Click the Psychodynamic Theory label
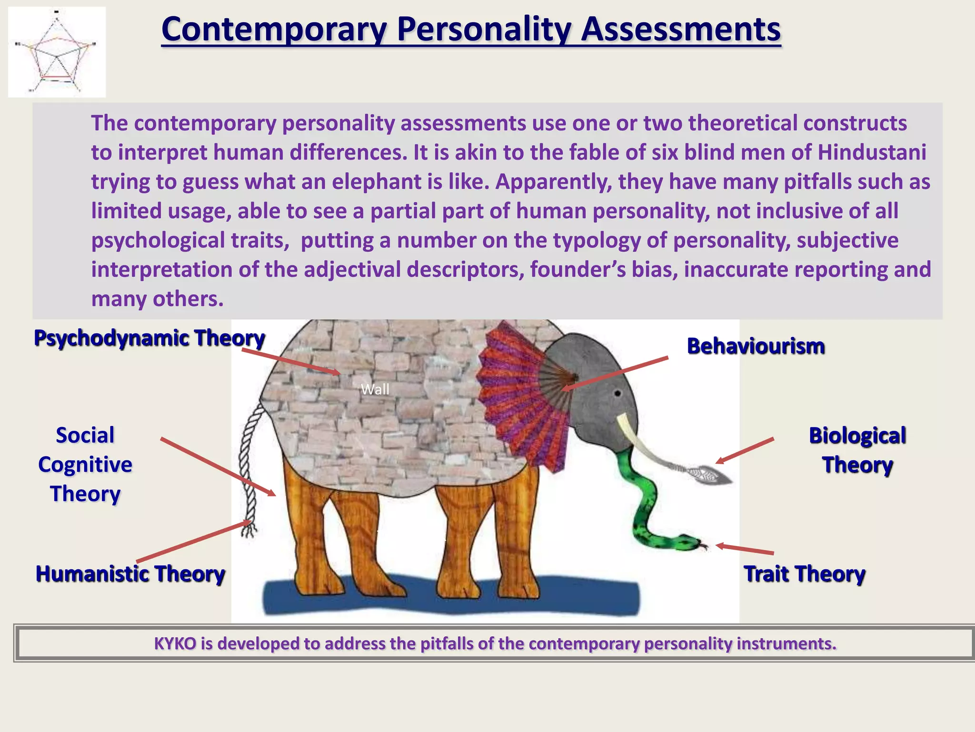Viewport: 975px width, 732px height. click(149, 338)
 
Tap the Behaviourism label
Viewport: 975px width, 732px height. click(756, 346)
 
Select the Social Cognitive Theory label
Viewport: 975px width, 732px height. click(85, 465)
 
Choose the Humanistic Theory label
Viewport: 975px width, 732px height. click(130, 574)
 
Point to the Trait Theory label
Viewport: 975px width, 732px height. click(804, 574)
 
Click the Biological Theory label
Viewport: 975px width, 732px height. click(857, 450)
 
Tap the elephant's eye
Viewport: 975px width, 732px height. click(617, 394)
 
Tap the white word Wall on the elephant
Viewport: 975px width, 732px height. click(375, 390)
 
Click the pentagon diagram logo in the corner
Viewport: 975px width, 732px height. click(57, 52)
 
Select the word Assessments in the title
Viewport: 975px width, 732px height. click(681, 30)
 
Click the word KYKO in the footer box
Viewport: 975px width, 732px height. click(175, 644)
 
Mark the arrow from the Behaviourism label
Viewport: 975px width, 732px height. click(614, 374)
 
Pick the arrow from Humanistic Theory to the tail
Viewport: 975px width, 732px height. click(193, 541)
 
